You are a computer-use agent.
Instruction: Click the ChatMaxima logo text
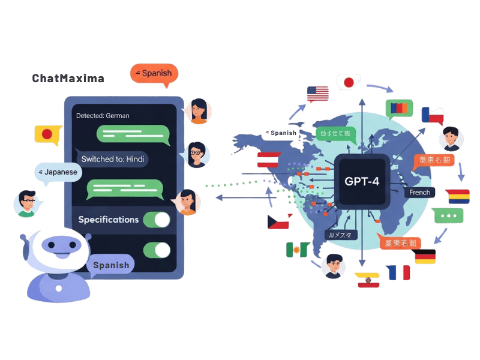(x=68, y=78)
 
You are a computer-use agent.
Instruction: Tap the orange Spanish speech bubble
(x=154, y=74)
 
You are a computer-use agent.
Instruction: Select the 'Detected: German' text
(x=103, y=115)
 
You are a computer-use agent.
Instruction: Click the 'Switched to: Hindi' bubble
(x=112, y=158)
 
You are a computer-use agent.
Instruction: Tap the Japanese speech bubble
(x=58, y=172)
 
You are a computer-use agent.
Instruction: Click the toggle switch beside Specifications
(x=157, y=220)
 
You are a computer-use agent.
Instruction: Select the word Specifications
(x=108, y=220)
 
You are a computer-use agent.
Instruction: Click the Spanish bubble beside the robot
(x=111, y=265)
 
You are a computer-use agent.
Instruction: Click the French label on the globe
(x=419, y=193)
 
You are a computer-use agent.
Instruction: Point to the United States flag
(x=318, y=94)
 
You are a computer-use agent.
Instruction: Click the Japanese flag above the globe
(x=348, y=82)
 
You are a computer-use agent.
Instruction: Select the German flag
(x=424, y=257)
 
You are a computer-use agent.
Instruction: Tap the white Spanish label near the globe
(x=284, y=133)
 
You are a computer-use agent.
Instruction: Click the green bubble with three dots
(x=449, y=215)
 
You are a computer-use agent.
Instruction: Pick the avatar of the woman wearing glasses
(x=196, y=154)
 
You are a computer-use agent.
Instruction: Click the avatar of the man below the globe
(x=333, y=266)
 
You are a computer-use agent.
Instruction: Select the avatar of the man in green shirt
(x=26, y=202)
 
